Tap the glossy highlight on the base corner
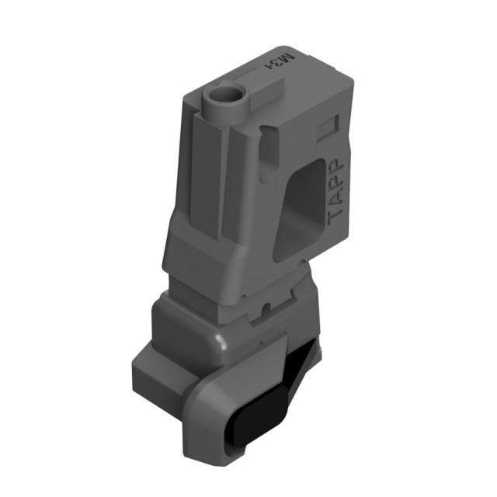tap(221, 338)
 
